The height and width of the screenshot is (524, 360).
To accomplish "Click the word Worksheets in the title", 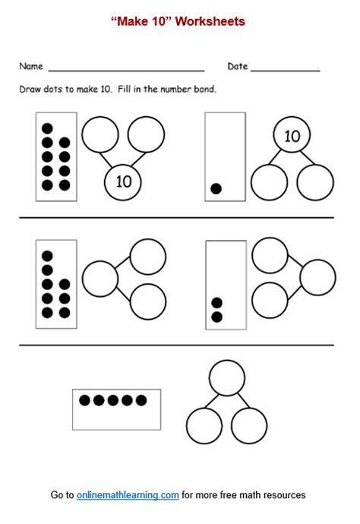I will [x=210, y=22].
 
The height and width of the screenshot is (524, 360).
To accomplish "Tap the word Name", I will [x=31, y=67].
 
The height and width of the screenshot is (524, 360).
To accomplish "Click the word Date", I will [x=238, y=67].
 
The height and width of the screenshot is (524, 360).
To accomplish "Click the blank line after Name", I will [x=125, y=70].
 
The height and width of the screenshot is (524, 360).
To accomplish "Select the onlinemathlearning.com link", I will [x=128, y=495].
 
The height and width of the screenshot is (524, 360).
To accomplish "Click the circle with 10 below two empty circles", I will [x=123, y=182].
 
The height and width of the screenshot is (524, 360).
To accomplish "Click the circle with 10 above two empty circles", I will [x=292, y=137].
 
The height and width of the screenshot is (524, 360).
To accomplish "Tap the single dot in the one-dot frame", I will [x=216, y=189].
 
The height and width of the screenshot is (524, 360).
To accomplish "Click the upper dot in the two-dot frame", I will [x=216, y=303].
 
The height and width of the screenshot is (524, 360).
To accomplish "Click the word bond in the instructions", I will [x=205, y=90].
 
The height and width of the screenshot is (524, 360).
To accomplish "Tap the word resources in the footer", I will [x=286, y=495].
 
